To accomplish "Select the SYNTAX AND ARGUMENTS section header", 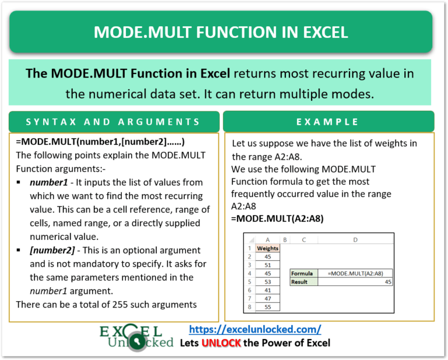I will pyautogui.click(x=114, y=121).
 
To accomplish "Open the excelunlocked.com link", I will pyautogui.click(x=256, y=329).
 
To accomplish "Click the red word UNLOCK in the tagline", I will pyautogui.click(x=222, y=342).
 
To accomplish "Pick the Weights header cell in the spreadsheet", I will pyautogui.click(x=268, y=248).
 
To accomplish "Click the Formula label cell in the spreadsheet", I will pyautogui.click(x=303, y=273).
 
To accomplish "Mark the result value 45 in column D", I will pyautogui.click(x=387, y=281).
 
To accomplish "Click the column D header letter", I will pyautogui.click(x=355, y=239).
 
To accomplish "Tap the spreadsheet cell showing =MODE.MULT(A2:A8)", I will pyautogui.click(x=355, y=273).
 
